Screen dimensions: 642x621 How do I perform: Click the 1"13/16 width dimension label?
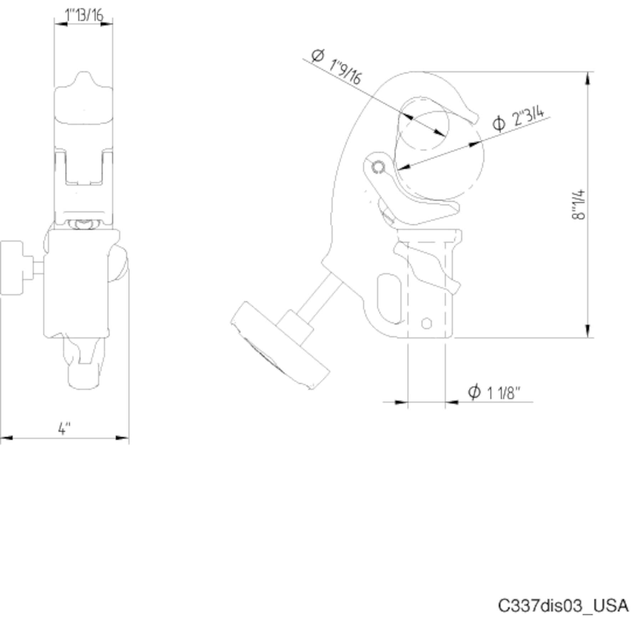coord(84,15)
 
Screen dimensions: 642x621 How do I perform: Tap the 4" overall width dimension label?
coord(64,428)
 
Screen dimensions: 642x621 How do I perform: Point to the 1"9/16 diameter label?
coord(345,71)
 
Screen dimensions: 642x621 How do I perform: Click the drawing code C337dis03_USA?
coord(563,605)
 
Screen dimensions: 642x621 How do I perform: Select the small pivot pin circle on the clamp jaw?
coord(378,167)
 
